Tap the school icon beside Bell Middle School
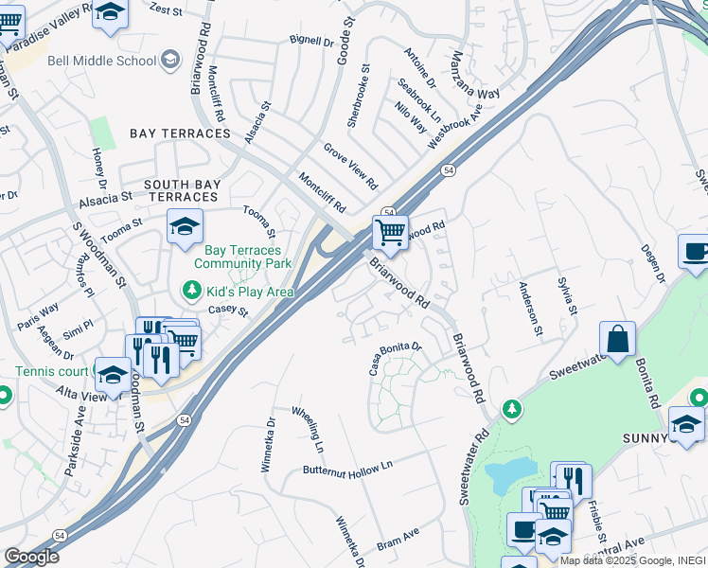pos(170,61)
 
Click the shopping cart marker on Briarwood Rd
pos(390,231)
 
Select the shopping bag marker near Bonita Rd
pos(617,340)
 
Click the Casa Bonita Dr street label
pos(394,357)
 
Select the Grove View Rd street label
pos(350,166)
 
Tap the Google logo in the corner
pos(31,557)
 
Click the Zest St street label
pos(165,9)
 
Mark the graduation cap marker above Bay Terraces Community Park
pos(186,227)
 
